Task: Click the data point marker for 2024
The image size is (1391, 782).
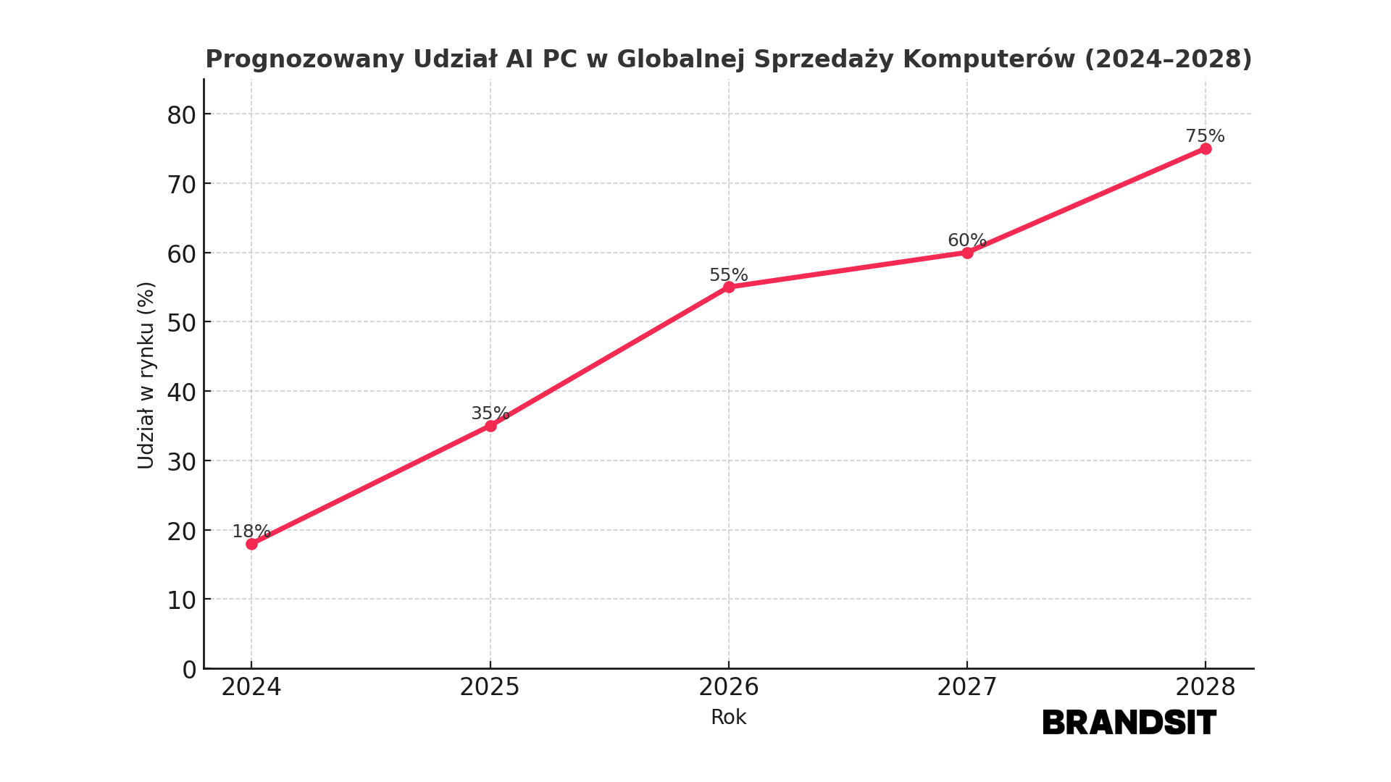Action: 251,544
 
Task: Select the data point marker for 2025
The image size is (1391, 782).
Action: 490,426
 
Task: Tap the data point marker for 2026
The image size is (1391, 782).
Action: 729,287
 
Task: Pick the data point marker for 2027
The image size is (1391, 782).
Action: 967,253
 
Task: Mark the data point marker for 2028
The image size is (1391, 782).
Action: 1206,148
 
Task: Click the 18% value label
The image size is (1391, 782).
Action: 251,531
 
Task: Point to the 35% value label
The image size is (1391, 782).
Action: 490,413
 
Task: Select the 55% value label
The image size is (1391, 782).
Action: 728,275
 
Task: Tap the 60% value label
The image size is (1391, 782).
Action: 966,240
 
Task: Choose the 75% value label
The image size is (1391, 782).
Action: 1205,136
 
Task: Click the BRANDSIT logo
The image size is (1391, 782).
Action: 1129,723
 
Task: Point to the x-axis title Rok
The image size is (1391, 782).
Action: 728,718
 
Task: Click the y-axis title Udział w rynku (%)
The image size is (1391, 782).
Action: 146,375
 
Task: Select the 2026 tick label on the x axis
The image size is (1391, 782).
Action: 728,687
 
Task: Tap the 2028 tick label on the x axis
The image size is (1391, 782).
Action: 1205,687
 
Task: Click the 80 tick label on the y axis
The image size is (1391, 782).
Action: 181,115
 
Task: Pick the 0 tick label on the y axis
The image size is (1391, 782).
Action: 189,670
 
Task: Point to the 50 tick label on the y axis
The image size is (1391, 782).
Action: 181,323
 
